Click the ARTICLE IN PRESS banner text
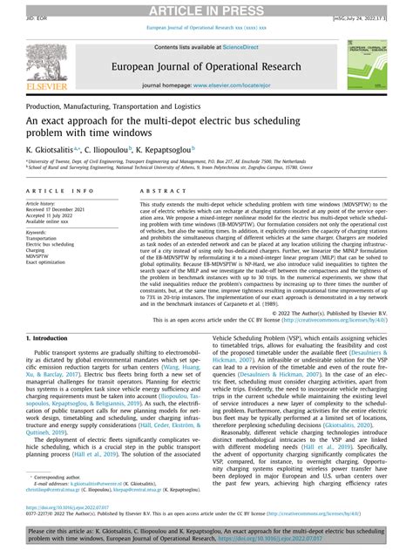click(206, 10)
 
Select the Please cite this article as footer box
click(206, 533)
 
